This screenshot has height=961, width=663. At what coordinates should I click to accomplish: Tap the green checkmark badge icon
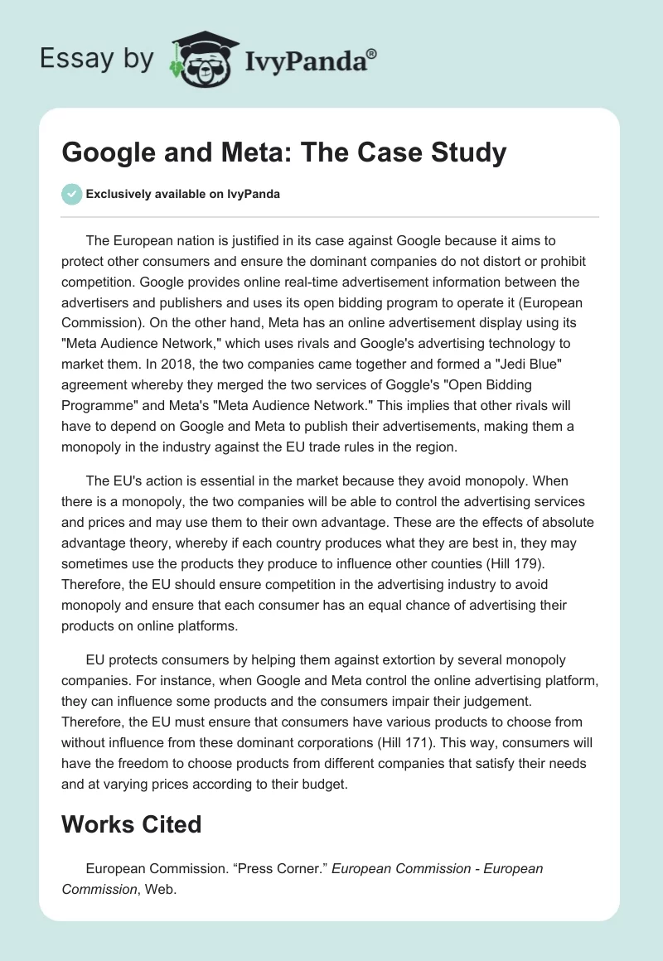[x=72, y=194]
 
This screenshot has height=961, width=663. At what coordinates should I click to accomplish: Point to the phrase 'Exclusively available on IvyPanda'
[x=182, y=194]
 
